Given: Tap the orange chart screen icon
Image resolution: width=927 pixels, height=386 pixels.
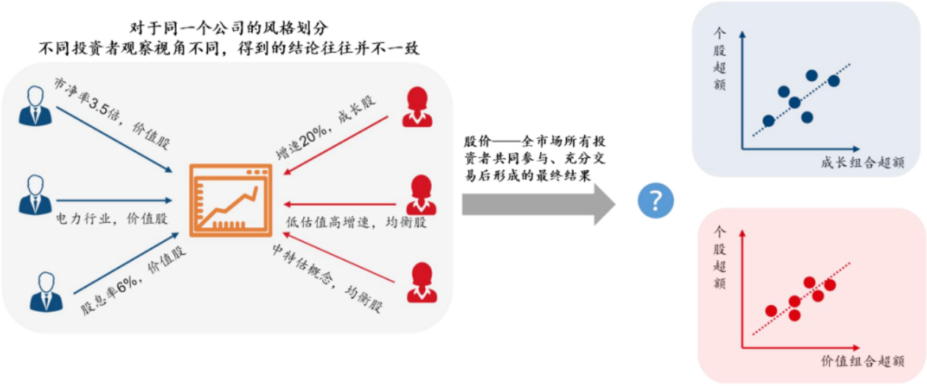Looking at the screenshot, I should [230, 200].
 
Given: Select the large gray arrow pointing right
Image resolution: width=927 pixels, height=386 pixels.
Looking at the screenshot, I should [538, 201].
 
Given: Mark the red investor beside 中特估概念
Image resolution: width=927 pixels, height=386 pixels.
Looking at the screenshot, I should [422, 282].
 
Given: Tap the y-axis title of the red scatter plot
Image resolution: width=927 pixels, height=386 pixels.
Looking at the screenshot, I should [720, 257].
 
